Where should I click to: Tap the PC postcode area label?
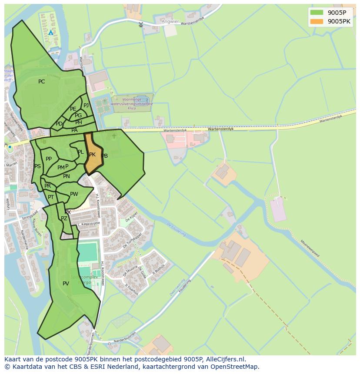click(41, 82)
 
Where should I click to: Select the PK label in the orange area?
click(92, 155)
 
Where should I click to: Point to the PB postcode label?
click(104, 156)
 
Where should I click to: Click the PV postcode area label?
click(66, 284)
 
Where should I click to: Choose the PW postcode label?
click(74, 194)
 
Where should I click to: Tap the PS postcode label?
click(37, 166)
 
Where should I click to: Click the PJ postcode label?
click(86, 106)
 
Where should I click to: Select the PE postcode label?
click(73, 109)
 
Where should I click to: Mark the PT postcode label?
click(51, 197)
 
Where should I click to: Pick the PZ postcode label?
click(64, 218)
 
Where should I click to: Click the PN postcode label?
click(66, 176)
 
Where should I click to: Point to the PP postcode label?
click(49, 159)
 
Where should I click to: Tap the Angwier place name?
click(170, 21)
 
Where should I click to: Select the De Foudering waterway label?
click(176, 229)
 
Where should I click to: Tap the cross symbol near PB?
click(114, 136)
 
